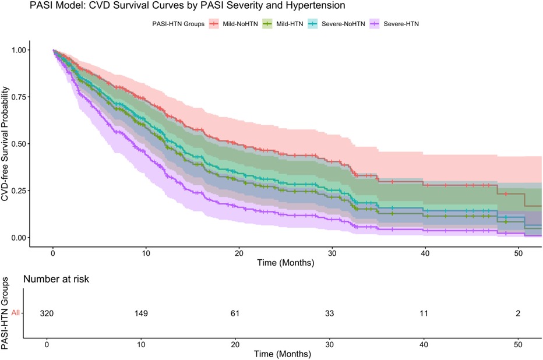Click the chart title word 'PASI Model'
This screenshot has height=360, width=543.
27,7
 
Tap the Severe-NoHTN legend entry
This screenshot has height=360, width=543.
341,24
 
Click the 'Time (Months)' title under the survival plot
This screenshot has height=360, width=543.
286,263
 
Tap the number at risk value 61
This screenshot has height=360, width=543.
237,313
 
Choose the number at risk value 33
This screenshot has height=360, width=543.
331,313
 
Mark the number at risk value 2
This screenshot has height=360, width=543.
518,313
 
